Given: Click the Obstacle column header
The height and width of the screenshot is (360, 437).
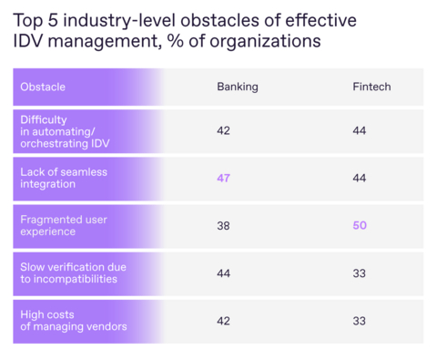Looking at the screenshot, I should coord(43,87).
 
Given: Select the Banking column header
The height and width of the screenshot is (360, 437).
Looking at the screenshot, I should coord(237,87).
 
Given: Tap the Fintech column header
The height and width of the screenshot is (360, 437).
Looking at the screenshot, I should coord(371,87).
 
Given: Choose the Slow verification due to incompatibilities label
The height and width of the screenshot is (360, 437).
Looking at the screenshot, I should coord(73,273).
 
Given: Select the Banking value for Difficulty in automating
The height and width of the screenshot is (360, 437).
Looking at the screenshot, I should coord(223,130).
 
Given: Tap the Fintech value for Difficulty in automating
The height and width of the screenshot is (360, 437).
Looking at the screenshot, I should coord(359,130).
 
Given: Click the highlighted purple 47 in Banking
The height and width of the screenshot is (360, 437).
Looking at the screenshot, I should coord(223,178).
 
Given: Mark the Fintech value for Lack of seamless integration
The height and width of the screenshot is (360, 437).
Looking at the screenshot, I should coord(359,178).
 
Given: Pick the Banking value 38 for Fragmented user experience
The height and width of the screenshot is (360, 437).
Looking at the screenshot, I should coord(223,225).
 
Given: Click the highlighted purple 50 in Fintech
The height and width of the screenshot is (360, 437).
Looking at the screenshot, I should coord(359,225).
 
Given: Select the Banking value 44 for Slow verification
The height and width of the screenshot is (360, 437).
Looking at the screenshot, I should coord(223,273).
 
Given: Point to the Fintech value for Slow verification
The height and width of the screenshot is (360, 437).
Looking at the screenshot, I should coord(359,273).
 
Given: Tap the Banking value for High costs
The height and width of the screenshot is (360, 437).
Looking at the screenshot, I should coord(223,320).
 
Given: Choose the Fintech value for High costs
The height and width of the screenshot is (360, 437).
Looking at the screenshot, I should coord(359,320).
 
